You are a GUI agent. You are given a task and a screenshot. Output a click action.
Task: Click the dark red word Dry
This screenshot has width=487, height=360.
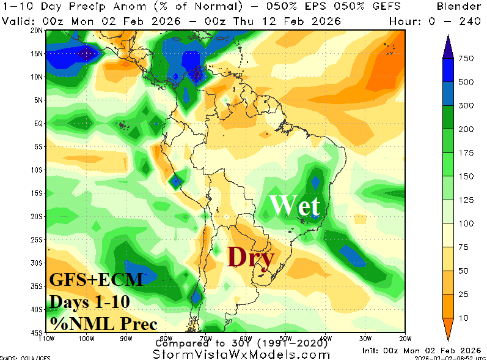pos(250,257)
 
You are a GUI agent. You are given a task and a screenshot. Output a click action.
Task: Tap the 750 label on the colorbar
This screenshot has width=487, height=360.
pos(466,58)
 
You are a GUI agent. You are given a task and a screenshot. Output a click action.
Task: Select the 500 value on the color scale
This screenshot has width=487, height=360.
pos(466,82)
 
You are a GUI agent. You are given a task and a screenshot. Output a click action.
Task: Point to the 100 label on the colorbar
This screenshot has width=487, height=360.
pos(466,223)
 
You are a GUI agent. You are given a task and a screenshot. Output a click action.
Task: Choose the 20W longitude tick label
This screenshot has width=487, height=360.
pos(404,337)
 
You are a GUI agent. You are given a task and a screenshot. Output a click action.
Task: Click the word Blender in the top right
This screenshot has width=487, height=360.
pos(459,7)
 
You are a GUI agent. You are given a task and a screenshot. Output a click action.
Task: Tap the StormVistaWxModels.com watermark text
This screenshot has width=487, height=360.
pos(243,354)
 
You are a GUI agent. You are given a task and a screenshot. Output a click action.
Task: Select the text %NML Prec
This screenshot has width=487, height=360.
pos(103,324)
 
